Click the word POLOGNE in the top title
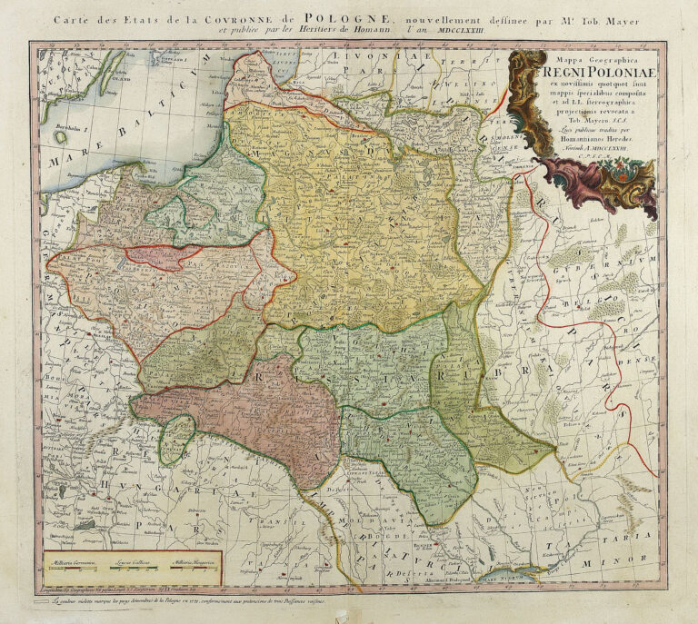[350, 16]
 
